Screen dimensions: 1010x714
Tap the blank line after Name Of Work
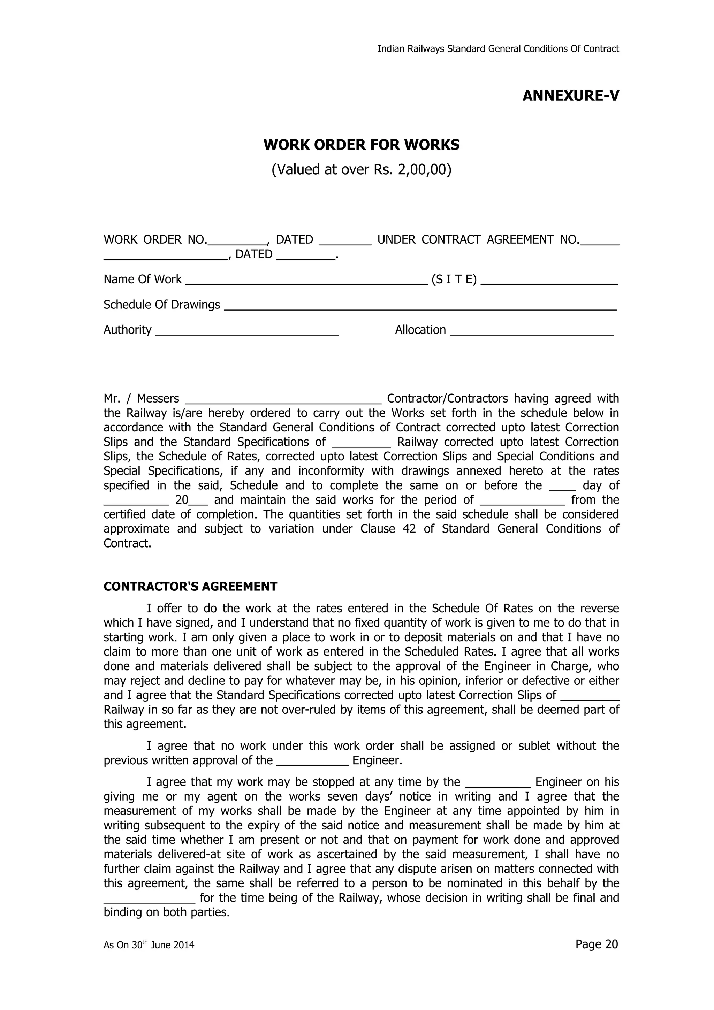click(x=306, y=282)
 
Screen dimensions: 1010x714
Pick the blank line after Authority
click(x=247, y=332)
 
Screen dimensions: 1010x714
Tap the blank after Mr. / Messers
click(x=283, y=401)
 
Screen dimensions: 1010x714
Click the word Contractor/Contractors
click(x=447, y=399)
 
